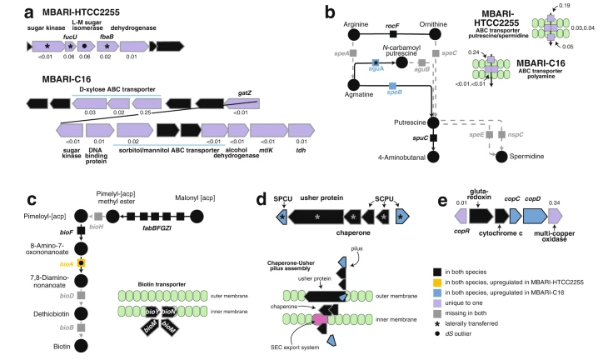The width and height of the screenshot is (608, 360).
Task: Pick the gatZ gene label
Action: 244,94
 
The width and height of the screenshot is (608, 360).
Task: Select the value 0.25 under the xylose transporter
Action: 147,112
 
